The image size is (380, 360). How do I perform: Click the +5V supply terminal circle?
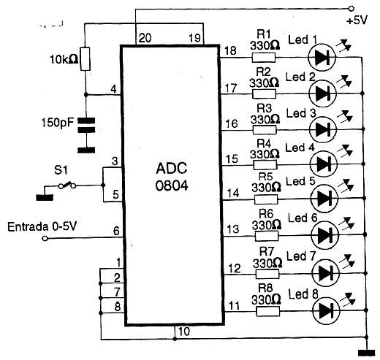pyautogui.click(x=351, y=9)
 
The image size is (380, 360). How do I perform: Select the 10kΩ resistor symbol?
pyautogui.click(x=85, y=59)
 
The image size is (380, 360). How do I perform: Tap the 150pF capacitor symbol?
pyautogui.click(x=86, y=126)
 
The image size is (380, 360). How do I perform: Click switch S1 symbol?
pyautogui.click(x=67, y=185)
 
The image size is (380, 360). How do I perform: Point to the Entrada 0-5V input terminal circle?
pyautogui.click(x=45, y=238)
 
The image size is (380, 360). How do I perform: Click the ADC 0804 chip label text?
pyautogui.click(x=172, y=177)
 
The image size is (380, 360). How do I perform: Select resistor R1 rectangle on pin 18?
pyautogui.click(x=263, y=58)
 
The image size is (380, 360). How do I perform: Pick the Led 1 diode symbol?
pyautogui.click(x=322, y=58)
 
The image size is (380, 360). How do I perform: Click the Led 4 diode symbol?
pyautogui.click(x=324, y=164)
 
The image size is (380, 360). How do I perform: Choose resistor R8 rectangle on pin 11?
pyautogui.click(x=267, y=311)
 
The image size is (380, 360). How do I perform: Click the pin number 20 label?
pyautogui.click(x=145, y=38)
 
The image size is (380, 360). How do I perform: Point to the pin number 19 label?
pyautogui.click(x=194, y=38)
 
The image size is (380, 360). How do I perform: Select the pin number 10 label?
pyautogui.click(x=184, y=332)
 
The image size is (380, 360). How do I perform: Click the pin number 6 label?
pyautogui.click(x=116, y=231)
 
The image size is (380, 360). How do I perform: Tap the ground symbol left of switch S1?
pyautogui.click(x=45, y=197)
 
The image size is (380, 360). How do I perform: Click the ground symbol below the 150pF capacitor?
pyautogui.click(x=86, y=150)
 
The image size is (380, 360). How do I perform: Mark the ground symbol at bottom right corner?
pyautogui.click(x=366, y=353)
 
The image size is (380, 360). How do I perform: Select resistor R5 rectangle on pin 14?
pyautogui.click(x=266, y=199)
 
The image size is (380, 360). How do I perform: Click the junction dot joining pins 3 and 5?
pyautogui.click(x=103, y=185)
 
